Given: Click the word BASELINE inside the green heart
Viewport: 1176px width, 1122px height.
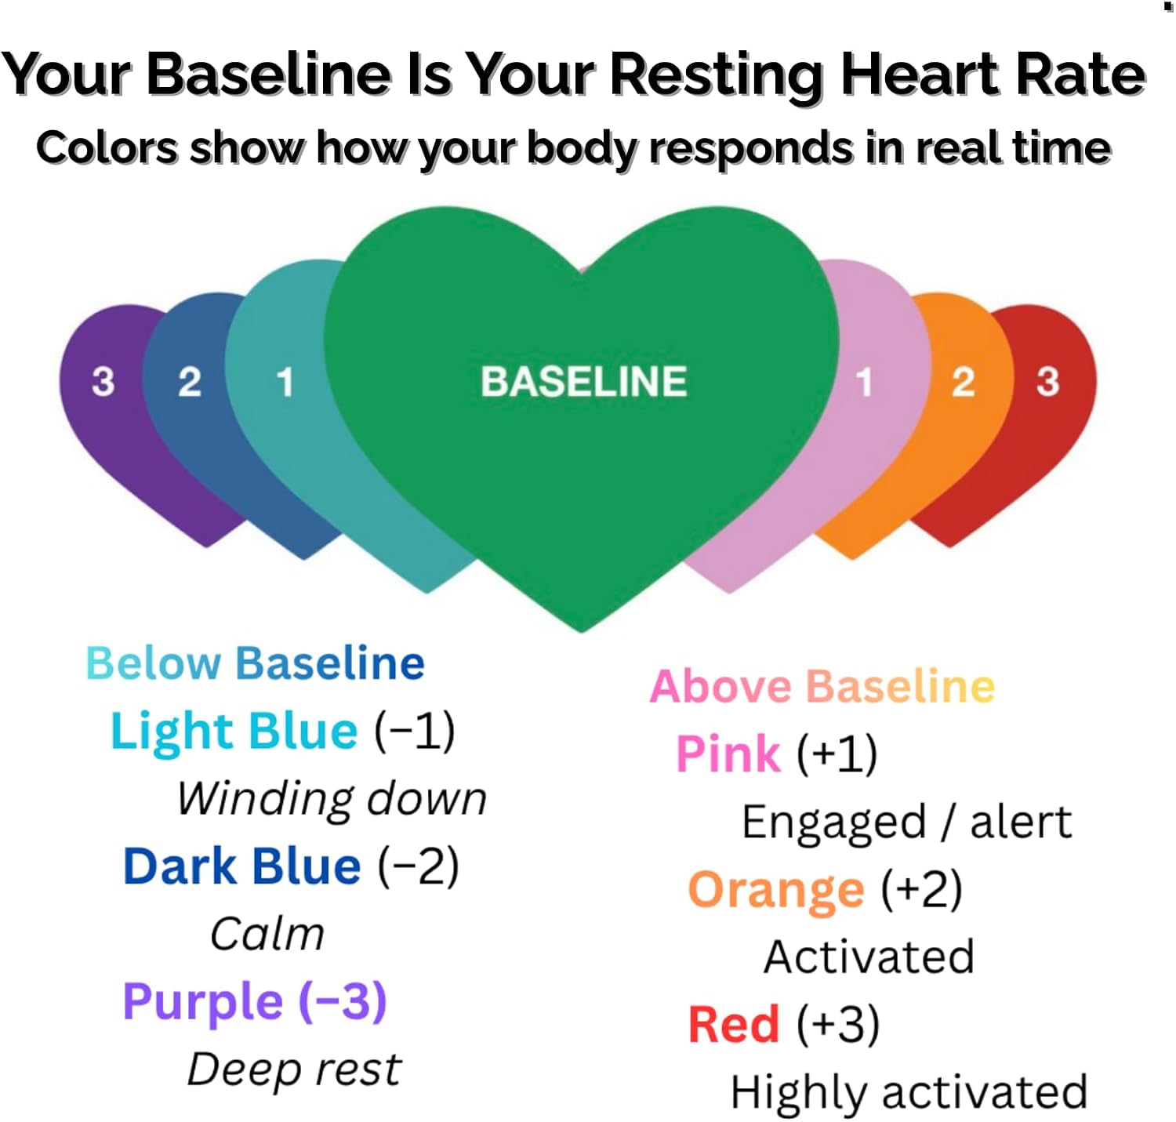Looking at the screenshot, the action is (583, 381).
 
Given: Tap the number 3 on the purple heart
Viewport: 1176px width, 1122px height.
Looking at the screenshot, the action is (103, 381).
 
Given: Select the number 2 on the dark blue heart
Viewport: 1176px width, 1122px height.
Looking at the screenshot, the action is (190, 381).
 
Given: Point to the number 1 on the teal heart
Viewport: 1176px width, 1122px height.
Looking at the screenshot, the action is (285, 382).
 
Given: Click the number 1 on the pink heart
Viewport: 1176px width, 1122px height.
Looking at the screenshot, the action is (863, 382).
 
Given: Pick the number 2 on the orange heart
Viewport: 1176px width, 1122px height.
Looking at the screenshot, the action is (963, 381).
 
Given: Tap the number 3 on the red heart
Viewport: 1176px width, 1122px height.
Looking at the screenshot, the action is (1047, 381).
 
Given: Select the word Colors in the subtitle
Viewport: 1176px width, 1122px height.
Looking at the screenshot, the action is (107, 147).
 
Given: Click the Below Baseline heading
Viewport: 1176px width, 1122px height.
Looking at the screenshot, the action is (256, 663).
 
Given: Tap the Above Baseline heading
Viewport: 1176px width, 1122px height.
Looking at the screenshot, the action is (822, 686).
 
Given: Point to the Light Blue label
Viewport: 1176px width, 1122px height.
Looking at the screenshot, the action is (234, 732).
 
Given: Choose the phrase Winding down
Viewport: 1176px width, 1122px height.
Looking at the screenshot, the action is (332, 799).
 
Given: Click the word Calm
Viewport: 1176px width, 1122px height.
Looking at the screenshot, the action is (267, 934).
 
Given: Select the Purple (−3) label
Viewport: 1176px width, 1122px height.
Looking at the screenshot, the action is (255, 1003).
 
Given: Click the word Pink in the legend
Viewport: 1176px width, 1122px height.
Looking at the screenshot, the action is (728, 754).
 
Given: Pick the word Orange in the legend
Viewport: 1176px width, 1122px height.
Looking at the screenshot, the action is (776, 891).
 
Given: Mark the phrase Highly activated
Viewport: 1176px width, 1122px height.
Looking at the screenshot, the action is (909, 1092).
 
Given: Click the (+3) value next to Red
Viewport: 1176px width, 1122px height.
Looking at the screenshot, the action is (838, 1025).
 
